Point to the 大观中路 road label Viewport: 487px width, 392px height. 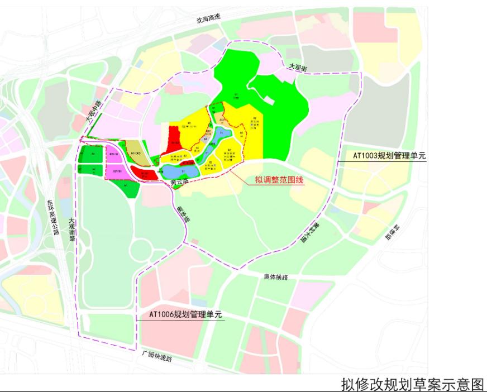point(93,112)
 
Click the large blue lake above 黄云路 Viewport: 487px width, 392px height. point(181,171)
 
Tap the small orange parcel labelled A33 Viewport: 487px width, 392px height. point(222,119)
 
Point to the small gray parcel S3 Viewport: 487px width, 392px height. point(206,138)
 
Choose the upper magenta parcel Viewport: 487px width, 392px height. point(114,154)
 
